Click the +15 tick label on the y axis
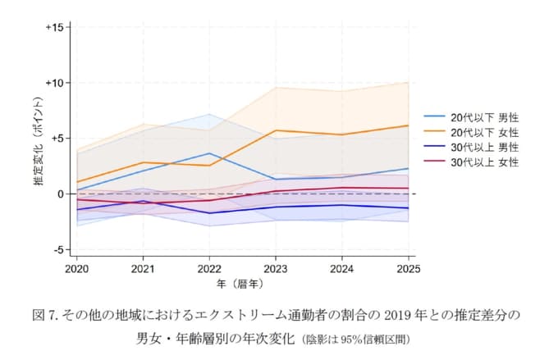[55, 27]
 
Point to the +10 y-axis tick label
[55, 83]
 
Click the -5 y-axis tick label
[58, 249]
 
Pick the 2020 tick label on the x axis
[76, 268]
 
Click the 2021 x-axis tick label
[143, 268]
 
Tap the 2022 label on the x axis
[209, 268]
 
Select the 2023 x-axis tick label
[276, 268]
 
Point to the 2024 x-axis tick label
[342, 268]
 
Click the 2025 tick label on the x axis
[408, 268]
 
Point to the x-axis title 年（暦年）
[242, 284]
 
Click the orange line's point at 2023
[276, 130]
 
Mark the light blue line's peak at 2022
[209, 153]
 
